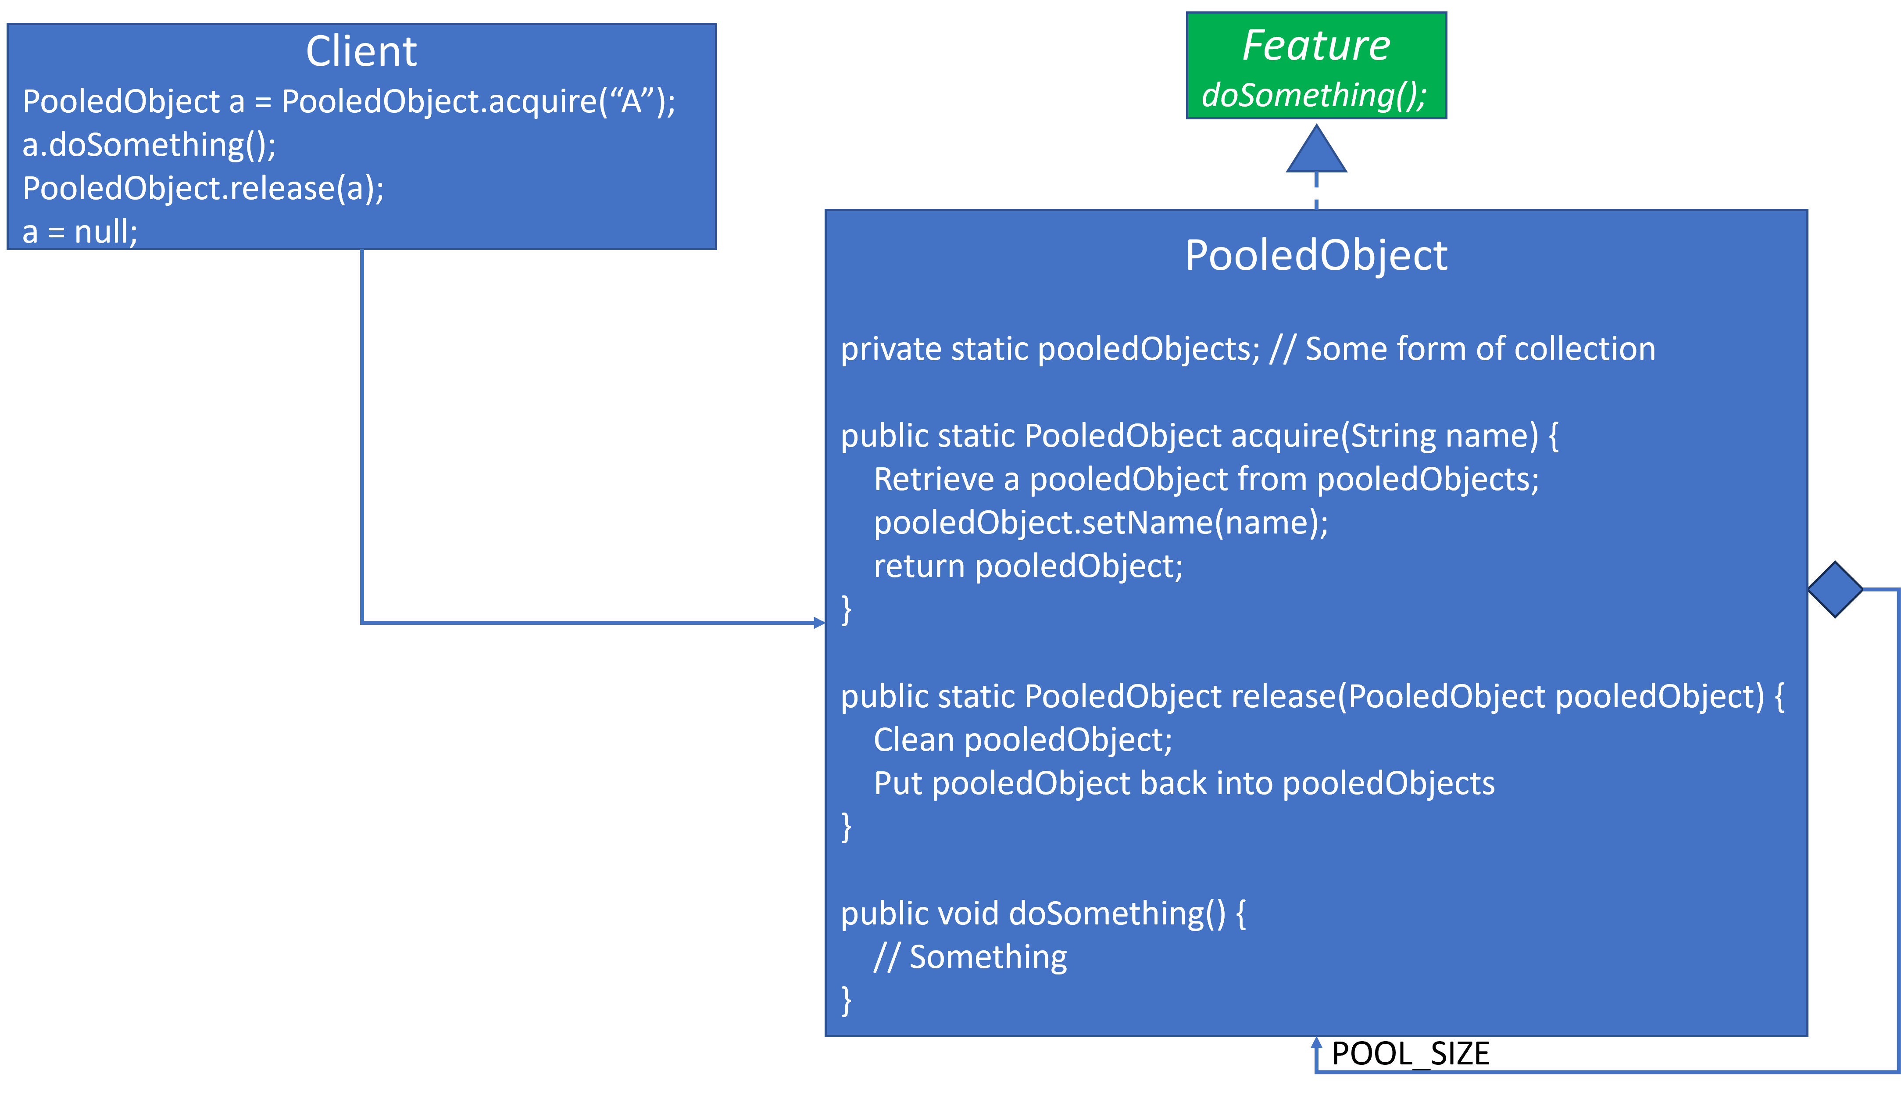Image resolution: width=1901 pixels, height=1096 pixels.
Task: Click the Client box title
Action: click(361, 52)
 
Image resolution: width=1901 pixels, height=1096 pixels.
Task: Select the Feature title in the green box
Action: click(1316, 45)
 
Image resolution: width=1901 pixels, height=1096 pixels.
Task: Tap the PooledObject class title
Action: click(1316, 255)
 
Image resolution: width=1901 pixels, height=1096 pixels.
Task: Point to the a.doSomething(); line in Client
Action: click(149, 144)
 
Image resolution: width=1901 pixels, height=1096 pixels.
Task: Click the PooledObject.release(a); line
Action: click(203, 188)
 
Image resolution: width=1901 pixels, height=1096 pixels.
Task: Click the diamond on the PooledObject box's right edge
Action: click(1835, 589)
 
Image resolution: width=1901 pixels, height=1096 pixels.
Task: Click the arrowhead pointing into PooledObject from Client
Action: click(819, 623)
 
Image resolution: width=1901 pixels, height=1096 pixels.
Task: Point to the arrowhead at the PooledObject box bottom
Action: click(1316, 1042)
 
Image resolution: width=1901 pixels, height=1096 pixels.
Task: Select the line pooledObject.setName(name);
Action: click(1101, 523)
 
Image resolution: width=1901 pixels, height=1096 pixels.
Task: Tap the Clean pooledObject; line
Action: click(1022, 740)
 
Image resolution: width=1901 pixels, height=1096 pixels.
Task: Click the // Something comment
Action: click(970, 957)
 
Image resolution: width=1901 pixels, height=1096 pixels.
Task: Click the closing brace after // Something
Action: click(846, 1000)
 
